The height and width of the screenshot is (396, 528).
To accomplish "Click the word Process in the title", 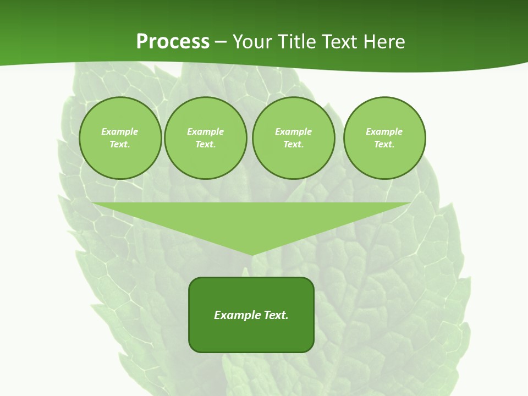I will click(173, 42).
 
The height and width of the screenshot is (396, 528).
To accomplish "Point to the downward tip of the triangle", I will click(252, 254).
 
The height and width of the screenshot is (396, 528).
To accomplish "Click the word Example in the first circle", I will click(120, 131).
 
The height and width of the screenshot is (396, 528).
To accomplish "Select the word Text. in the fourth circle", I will click(384, 144).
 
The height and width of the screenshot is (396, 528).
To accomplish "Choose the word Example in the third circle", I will click(293, 131).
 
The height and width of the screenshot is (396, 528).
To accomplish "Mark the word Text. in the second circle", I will click(205, 144).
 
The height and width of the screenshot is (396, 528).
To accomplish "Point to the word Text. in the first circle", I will click(120, 144).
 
